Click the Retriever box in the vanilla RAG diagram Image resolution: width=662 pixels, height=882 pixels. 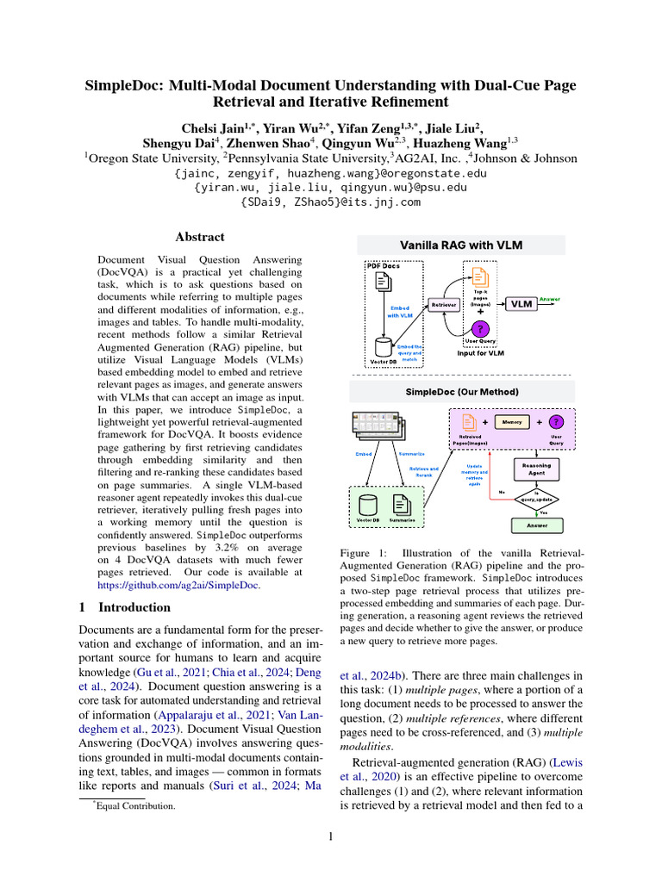click(x=444, y=304)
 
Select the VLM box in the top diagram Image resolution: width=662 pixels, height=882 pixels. click(x=520, y=304)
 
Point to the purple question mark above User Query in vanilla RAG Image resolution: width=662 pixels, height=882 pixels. click(x=481, y=328)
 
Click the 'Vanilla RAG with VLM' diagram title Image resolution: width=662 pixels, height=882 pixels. click(x=460, y=245)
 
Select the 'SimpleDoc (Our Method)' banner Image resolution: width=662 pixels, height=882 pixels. click(x=460, y=392)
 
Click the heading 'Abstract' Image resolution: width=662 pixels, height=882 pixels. click(x=200, y=237)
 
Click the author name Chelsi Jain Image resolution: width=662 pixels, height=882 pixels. click(x=211, y=128)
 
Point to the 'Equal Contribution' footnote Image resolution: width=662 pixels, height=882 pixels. click(x=135, y=806)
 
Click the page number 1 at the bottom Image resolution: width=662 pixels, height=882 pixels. click(x=331, y=835)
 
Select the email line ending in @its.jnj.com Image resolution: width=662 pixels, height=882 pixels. click(x=331, y=202)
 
